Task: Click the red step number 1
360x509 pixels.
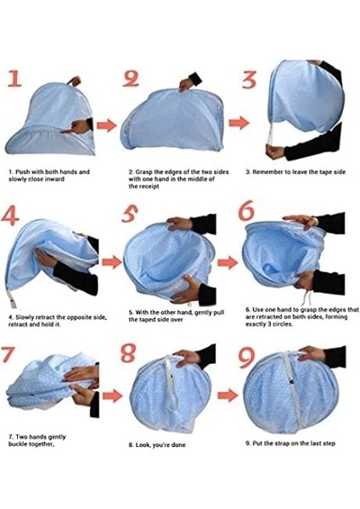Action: pos(14,79)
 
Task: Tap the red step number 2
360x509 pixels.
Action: pos(131,79)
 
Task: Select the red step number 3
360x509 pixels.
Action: pos(250,81)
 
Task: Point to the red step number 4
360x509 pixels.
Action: pos(10,215)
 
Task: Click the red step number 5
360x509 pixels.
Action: pos(130,214)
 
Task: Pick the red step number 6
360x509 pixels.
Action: pos(246,210)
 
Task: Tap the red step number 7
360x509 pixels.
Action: pos(8,354)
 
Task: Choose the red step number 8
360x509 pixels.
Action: pos(128,353)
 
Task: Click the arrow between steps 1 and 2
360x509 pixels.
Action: pos(106,126)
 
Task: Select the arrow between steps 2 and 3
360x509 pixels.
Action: pos(239,123)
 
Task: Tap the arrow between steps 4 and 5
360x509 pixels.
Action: pos(112,261)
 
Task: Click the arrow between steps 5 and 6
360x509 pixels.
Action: pos(228,262)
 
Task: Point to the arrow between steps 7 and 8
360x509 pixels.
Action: pos(112,396)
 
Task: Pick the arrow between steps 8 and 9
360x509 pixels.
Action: pos(228,395)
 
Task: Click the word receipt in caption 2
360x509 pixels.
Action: pos(149,187)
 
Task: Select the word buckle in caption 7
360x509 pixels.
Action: pos(17,444)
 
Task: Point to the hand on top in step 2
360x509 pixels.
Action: pos(187,84)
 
